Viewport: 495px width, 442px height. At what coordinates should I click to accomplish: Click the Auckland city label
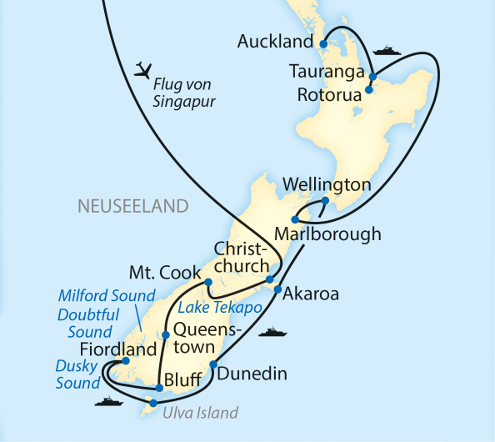275,41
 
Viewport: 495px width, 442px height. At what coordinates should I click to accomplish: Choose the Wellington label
326,184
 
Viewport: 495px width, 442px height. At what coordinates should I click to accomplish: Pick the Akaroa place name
310,294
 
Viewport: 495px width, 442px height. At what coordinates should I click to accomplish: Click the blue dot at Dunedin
213,364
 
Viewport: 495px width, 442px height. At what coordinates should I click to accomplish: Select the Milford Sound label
107,296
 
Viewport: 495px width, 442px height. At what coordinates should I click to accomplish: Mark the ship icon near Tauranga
387,51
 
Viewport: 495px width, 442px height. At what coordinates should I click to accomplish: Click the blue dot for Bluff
157,387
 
